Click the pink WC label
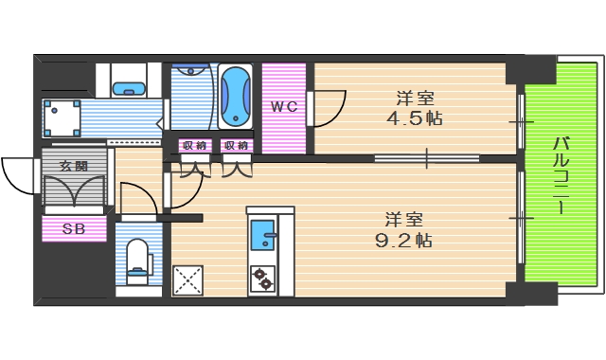tap(284, 106)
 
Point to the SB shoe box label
tap(73, 228)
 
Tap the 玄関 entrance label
tap(73, 166)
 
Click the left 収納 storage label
tap(195, 145)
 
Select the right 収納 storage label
tap(236, 145)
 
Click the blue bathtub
tap(235, 97)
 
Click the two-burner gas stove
tap(262, 278)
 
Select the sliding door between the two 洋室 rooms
tap(426, 157)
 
